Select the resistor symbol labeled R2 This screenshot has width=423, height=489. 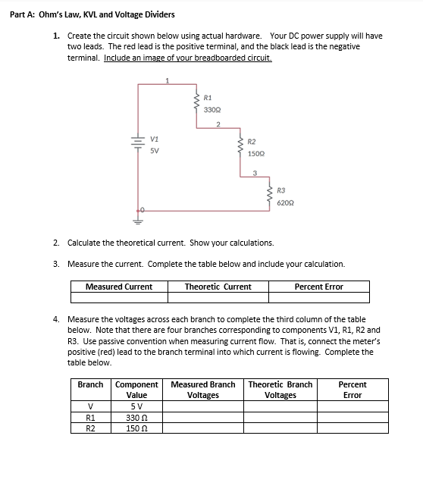[242, 147]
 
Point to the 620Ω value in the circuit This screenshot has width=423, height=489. [284, 204]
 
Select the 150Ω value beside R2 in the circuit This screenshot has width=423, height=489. [255, 154]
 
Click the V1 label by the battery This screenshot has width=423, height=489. [154, 139]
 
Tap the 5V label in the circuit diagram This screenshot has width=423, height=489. [154, 150]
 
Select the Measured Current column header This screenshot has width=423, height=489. [118, 287]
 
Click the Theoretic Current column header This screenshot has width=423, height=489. [218, 287]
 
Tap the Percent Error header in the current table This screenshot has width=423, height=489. [318, 287]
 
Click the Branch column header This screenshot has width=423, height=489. [90, 384]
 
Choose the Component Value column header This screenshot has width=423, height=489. [136, 390]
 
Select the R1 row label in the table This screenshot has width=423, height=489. [90, 417]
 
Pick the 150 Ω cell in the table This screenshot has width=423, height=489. [136, 428]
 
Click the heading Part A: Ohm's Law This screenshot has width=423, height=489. [92, 14]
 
